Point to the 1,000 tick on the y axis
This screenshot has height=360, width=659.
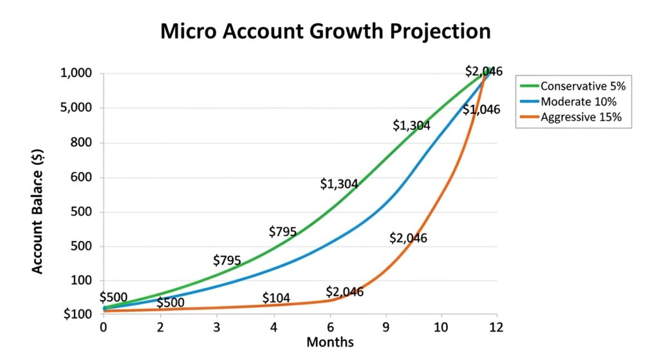(x=77, y=73)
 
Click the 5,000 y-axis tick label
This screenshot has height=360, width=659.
(x=77, y=108)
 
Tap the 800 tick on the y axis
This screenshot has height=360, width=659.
(x=82, y=143)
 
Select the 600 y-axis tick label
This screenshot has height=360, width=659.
(x=82, y=178)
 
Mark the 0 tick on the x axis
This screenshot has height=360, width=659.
(x=103, y=327)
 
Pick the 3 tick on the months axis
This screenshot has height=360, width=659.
(x=217, y=327)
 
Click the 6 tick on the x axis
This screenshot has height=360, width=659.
(x=330, y=327)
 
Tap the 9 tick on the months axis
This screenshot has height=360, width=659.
(x=386, y=327)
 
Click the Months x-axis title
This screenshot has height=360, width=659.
(x=329, y=342)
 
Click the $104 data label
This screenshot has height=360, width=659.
(x=276, y=298)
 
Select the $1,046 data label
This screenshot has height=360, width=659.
(x=481, y=109)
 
